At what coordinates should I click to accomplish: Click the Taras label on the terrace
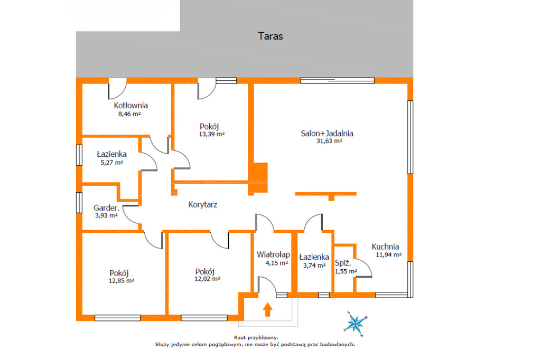click(270, 36)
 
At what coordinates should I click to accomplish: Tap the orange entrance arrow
click(267, 309)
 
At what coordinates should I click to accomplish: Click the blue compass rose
click(356, 324)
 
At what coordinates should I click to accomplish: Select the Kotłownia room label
click(131, 106)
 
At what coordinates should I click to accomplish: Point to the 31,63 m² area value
click(329, 141)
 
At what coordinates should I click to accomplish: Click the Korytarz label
click(203, 205)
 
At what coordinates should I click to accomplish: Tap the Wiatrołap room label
click(273, 255)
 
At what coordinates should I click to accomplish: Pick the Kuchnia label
click(385, 247)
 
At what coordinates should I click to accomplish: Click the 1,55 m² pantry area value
click(346, 271)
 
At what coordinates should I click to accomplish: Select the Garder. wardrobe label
click(106, 208)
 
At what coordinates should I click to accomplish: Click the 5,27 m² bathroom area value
click(112, 163)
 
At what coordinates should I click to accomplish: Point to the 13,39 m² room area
click(211, 135)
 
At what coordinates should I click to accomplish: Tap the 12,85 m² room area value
click(122, 281)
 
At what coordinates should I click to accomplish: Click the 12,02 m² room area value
click(207, 279)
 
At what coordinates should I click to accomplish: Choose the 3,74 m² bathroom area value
click(314, 266)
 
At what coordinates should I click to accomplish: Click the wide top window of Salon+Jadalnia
click(338, 81)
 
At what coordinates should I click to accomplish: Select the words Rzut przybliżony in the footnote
click(256, 338)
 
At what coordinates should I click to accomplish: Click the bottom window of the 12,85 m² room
click(118, 318)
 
